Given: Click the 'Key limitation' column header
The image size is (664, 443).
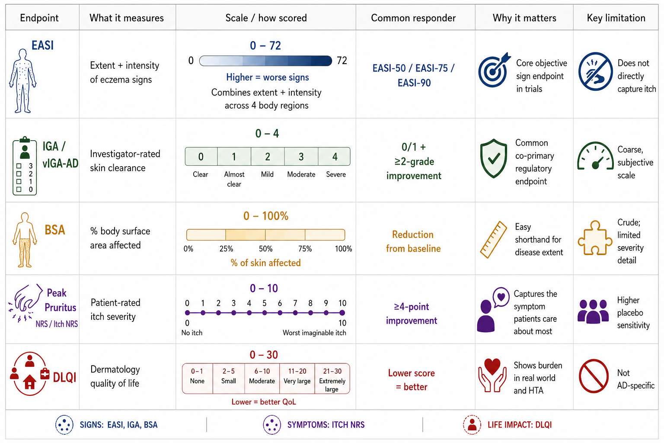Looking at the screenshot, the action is tap(616, 18).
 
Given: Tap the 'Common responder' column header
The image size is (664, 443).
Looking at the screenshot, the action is tap(413, 18).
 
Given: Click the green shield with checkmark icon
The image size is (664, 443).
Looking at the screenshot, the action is tap(494, 158).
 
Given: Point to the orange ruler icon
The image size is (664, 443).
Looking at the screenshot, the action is tap(494, 239).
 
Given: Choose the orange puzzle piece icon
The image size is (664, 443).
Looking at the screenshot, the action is tap(595, 238).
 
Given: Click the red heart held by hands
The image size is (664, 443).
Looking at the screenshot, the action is tap(492, 367).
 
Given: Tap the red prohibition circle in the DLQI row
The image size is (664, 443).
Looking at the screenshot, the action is tap(594, 376).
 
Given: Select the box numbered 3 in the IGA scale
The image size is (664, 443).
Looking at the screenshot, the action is tap(301, 156).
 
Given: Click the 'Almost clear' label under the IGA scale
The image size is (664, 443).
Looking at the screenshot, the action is tap(234, 179).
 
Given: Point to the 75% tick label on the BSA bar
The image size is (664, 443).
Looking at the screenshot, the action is tap(305, 249).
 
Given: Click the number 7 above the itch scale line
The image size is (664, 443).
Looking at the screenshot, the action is tap(295, 303).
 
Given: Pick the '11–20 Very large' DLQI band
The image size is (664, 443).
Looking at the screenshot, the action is tap(297, 376).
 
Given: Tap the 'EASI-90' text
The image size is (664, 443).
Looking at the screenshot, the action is tap(414, 83).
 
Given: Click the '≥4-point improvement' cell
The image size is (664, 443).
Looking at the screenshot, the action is tap(412, 313).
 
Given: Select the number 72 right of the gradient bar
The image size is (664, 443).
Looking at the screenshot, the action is tap(342, 61).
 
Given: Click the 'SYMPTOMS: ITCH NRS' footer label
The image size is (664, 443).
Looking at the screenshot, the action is tap(326, 425).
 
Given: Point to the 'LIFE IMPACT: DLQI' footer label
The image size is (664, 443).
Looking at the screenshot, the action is tap(520, 425).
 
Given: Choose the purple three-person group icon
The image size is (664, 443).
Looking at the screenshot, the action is tap(593, 311).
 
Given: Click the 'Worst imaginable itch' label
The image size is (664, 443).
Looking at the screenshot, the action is tap(315, 333).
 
